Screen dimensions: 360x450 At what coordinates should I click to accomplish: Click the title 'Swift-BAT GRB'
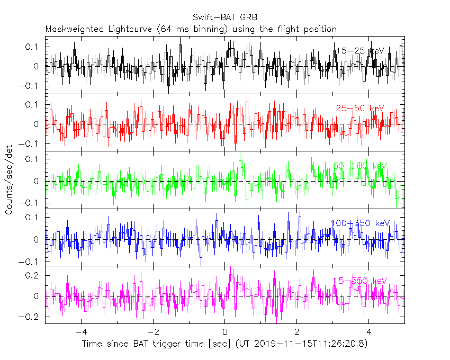coord(226,18)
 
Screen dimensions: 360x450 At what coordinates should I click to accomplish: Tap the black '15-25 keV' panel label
coord(360,51)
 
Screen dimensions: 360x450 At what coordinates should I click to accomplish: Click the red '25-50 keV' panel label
coord(360,108)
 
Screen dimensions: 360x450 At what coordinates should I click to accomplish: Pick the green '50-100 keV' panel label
coord(360,166)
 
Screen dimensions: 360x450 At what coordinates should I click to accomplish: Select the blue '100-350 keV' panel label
coord(360,223)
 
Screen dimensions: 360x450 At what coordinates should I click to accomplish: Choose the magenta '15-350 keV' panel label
coord(360,281)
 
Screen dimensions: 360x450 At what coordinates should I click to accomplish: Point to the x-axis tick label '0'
coord(224,332)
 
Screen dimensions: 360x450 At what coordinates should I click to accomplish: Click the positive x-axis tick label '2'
coord(296,332)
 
